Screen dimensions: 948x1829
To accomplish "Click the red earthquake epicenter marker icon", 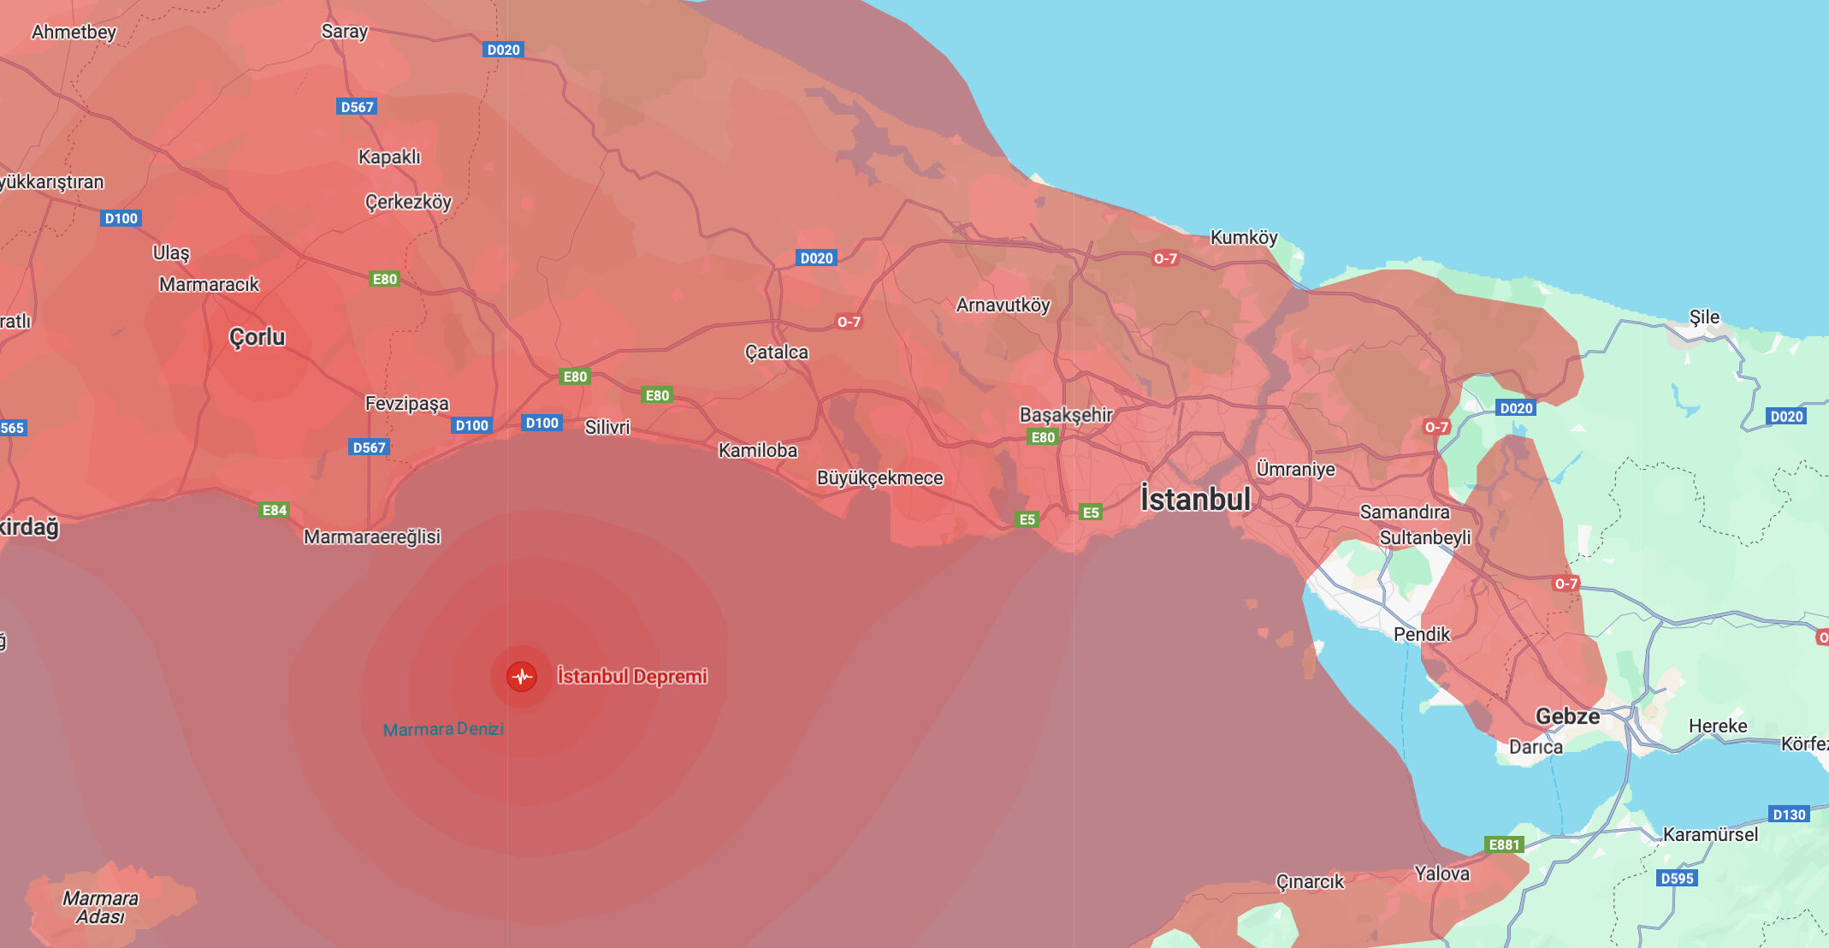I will tap(521, 677).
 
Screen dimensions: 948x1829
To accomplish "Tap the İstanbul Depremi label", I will tap(632, 676).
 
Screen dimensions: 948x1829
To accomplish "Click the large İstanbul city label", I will tap(1195, 499).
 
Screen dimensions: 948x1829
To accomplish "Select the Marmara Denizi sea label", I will tap(443, 729).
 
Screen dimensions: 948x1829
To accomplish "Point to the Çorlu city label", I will tap(257, 337).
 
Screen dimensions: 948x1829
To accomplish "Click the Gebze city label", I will tap(1567, 716).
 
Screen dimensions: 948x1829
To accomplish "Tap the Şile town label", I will tap(1703, 317).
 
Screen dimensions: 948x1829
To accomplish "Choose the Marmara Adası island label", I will tap(100, 907).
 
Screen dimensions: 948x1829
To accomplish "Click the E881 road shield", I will tap(1504, 844).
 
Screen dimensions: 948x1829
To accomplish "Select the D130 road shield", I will tap(1789, 815).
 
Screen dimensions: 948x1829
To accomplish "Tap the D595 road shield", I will tap(1677, 878).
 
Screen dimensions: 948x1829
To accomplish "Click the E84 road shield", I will tap(274, 510).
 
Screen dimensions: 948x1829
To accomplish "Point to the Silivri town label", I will tap(607, 427).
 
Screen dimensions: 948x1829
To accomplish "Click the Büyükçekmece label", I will tap(879, 477).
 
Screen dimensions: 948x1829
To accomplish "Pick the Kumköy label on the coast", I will tap(1243, 237).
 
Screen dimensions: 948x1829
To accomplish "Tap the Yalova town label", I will tap(1441, 874).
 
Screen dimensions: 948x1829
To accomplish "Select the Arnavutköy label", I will tap(1003, 305).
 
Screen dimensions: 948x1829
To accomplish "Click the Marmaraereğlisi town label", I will tap(372, 536).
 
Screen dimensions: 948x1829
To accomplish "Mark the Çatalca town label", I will tap(776, 352).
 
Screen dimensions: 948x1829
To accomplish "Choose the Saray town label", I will tap(344, 32).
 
